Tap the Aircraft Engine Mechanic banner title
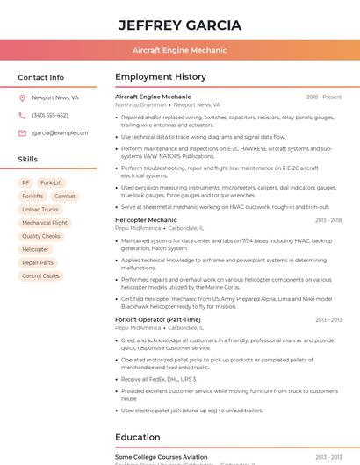point(180,51)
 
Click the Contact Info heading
point(41,77)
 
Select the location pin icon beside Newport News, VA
point(22,98)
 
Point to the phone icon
point(22,116)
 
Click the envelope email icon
point(22,133)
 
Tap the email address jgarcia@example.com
point(60,133)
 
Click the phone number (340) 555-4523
point(50,116)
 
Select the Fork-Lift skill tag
point(51,183)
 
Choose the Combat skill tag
point(65,197)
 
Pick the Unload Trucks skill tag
point(40,210)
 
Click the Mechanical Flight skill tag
point(44,223)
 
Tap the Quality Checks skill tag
point(41,236)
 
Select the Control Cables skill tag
point(40,276)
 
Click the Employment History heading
point(161,77)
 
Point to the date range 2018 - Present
point(324,97)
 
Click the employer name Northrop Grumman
point(140,105)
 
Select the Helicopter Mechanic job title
point(146,220)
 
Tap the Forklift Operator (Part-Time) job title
point(157,320)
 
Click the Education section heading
point(138,437)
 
